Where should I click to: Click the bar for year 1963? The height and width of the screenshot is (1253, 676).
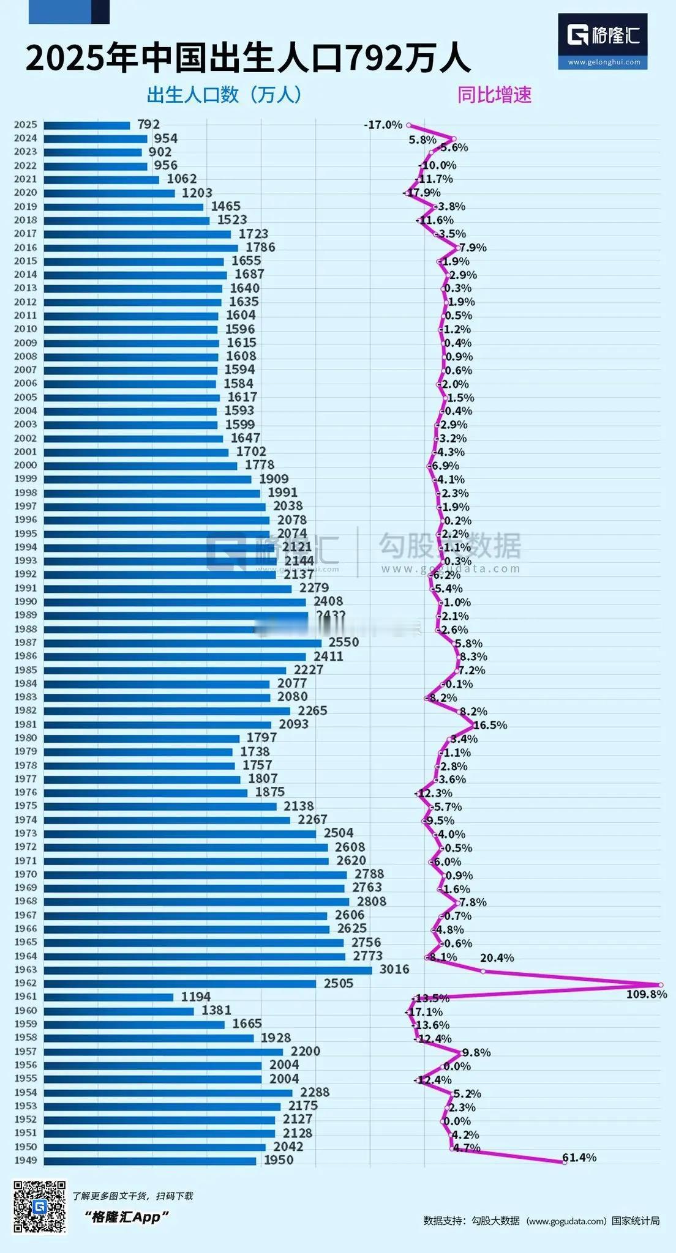point(208,970)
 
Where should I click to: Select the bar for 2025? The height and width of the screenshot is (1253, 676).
point(87,125)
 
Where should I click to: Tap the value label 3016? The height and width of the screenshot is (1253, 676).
point(394,969)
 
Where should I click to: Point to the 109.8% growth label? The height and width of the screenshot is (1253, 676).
point(646,994)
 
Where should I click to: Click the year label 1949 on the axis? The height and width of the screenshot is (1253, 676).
point(26,1160)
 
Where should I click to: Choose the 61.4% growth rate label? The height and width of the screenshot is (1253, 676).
point(579,1157)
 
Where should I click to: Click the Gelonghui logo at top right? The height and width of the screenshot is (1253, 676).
point(603,40)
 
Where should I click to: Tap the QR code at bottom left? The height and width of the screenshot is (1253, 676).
point(40,1206)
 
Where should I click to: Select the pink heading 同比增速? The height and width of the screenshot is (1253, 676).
point(494,95)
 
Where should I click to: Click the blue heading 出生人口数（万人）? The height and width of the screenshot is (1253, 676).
point(224,95)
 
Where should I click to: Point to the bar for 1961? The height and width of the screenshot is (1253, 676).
point(109,997)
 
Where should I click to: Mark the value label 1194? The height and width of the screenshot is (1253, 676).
point(195,997)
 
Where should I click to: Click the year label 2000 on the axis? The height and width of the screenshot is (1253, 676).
point(26,465)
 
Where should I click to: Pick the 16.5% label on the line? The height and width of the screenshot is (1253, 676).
point(490,725)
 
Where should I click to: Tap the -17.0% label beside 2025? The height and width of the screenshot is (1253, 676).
point(383,125)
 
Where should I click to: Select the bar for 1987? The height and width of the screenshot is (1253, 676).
point(182,642)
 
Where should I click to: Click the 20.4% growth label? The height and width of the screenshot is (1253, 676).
point(497,957)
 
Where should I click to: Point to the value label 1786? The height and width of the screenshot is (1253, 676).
point(260,247)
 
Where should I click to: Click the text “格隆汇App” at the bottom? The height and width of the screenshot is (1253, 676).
point(127,1217)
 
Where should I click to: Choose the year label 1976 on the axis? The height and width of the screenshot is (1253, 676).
point(26,792)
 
